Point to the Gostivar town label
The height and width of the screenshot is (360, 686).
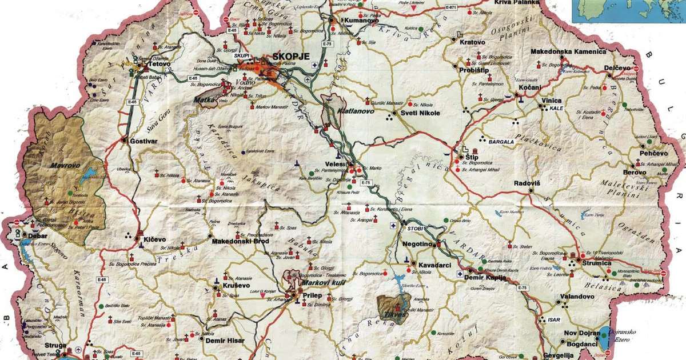point(143,140)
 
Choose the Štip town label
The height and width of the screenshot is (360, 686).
point(472,157)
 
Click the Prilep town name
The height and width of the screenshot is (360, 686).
point(312,295)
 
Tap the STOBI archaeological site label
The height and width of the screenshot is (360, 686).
point(415,228)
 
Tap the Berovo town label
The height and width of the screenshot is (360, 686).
point(634,172)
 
